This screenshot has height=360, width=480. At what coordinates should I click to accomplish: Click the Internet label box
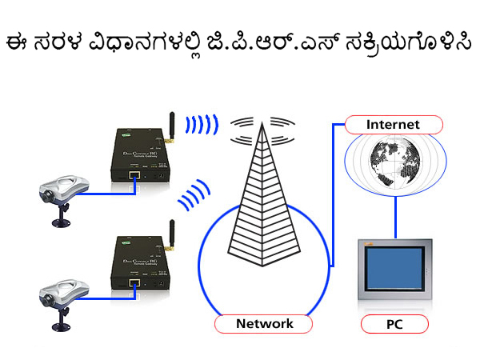click(393, 125)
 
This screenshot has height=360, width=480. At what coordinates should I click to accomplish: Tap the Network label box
click(264, 324)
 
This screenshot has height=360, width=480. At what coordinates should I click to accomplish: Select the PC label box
click(394, 325)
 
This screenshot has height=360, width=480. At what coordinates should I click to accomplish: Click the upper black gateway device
click(138, 156)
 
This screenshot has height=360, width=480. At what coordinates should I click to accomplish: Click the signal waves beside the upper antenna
click(201, 125)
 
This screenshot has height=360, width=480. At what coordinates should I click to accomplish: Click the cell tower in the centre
click(262, 200)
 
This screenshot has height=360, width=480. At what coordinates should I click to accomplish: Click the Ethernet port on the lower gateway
click(134, 282)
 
